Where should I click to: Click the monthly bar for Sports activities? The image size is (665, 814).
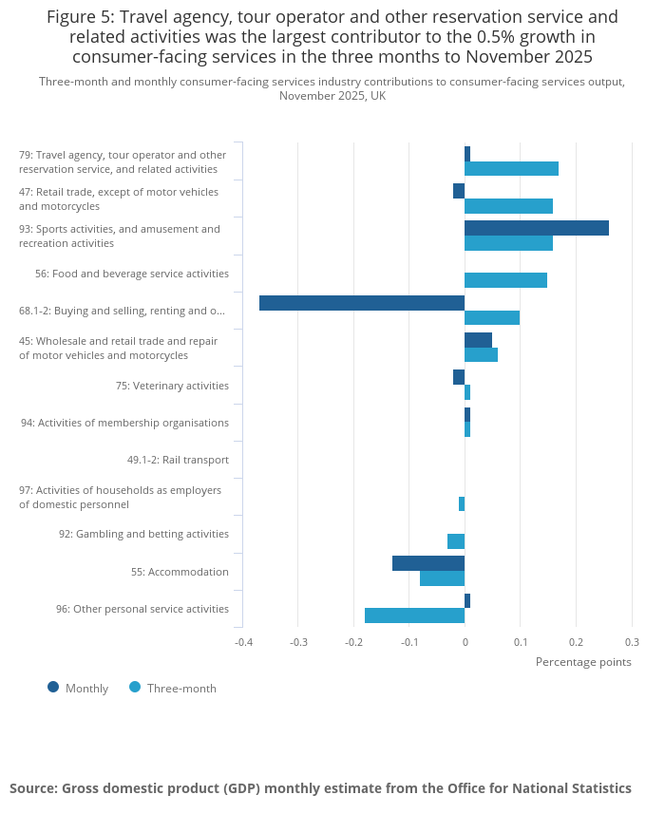(x=537, y=228)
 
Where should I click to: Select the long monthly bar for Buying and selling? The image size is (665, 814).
(x=362, y=303)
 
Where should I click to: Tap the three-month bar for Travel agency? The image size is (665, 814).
(x=511, y=169)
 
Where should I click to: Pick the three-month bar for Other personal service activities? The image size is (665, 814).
(x=415, y=615)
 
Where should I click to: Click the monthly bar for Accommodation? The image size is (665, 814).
(x=428, y=563)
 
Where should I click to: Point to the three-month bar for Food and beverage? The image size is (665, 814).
(x=505, y=280)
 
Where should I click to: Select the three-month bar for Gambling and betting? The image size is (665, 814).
(x=456, y=541)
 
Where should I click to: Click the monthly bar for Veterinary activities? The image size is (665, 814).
(x=459, y=377)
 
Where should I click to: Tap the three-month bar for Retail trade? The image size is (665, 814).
(x=509, y=206)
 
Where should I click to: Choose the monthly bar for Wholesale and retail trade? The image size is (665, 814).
(x=478, y=341)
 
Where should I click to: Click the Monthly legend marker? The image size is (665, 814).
(x=53, y=687)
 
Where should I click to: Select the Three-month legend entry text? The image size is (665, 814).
(x=181, y=689)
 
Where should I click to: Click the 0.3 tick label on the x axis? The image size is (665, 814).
(x=632, y=642)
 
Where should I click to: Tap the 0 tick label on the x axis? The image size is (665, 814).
(x=465, y=642)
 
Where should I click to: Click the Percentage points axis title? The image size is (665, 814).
(x=583, y=662)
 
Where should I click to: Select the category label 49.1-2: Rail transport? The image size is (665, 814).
(x=178, y=460)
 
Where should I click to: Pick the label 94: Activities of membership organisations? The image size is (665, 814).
(x=124, y=423)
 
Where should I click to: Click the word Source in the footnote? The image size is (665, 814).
(x=34, y=788)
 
